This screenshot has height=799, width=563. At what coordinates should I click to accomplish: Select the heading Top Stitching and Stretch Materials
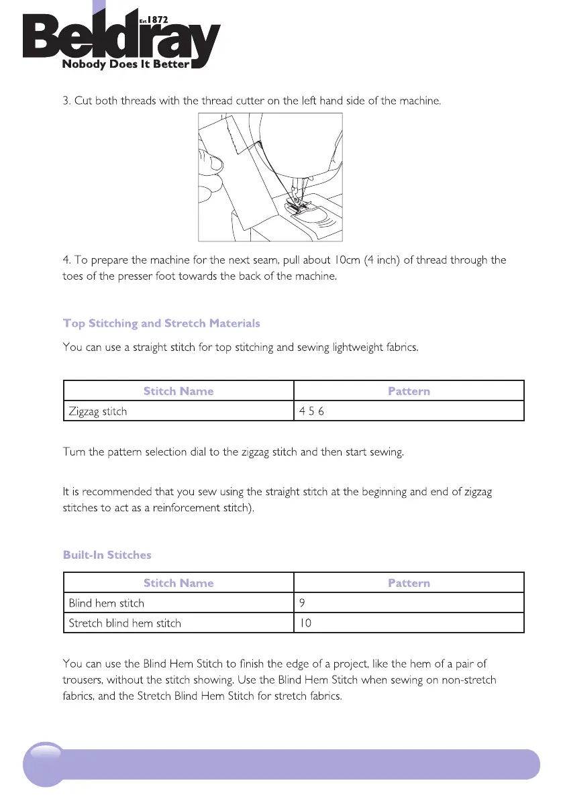click(x=161, y=323)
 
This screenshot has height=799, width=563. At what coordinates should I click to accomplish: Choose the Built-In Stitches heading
click(x=107, y=555)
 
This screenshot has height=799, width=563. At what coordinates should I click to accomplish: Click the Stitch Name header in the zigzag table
click(x=178, y=391)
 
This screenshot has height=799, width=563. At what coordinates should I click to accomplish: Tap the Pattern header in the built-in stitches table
click(x=409, y=583)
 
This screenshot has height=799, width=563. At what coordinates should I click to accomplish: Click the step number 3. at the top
click(x=66, y=101)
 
